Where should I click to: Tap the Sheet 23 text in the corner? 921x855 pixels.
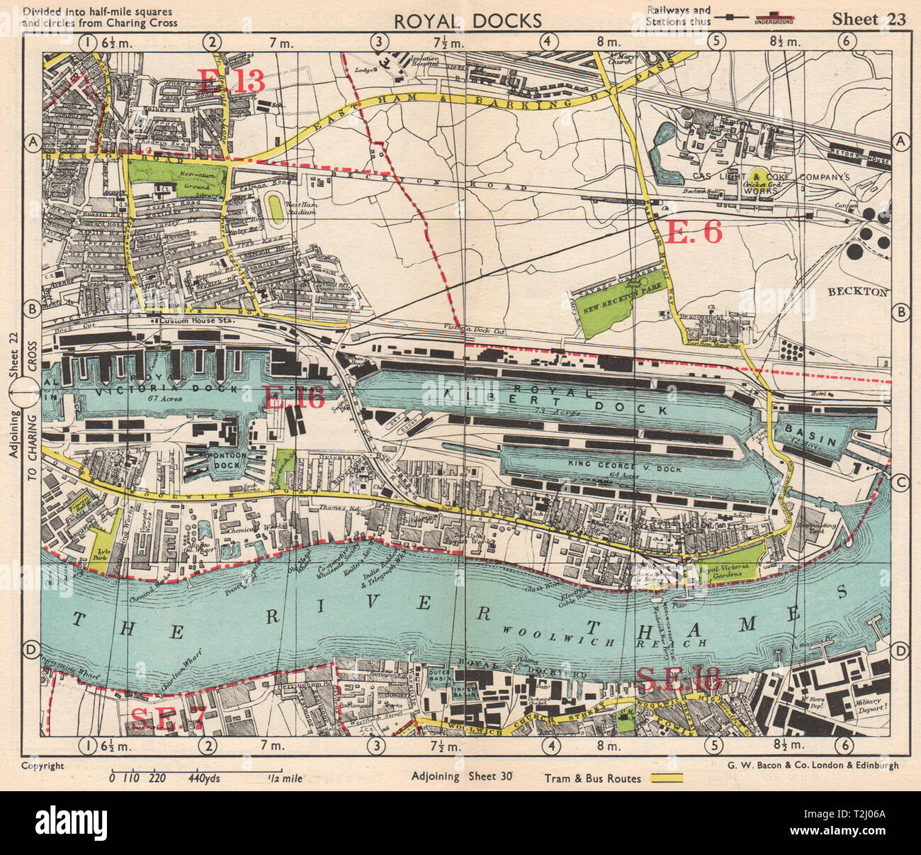869,19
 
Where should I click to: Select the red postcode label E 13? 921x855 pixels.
231,80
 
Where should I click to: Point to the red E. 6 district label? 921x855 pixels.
694,232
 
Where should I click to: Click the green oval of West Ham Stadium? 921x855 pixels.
274,208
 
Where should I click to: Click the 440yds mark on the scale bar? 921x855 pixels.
205,778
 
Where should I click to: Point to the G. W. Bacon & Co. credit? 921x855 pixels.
812,765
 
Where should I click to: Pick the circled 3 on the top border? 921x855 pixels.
380,42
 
